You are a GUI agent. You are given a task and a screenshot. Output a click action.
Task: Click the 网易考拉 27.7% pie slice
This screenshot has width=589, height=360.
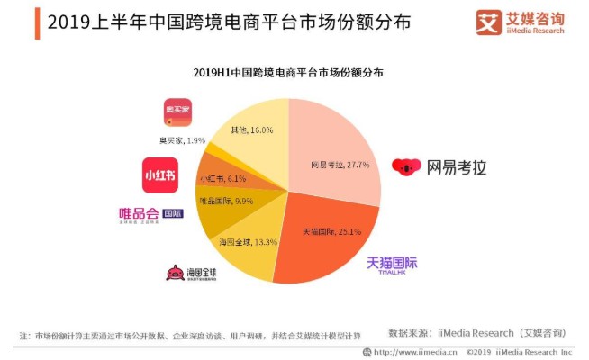click(333, 157)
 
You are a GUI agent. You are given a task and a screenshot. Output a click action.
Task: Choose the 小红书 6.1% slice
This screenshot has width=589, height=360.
click(221, 177)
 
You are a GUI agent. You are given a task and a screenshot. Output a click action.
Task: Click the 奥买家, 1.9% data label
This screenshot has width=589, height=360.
click(183, 140)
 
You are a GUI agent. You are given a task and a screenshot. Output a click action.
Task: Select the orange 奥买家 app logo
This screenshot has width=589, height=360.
click(177, 112)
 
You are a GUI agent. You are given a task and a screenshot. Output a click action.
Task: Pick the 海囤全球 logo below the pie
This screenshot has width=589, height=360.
click(188, 273)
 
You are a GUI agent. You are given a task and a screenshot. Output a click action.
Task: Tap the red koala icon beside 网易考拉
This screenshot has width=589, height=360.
click(405, 168)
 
